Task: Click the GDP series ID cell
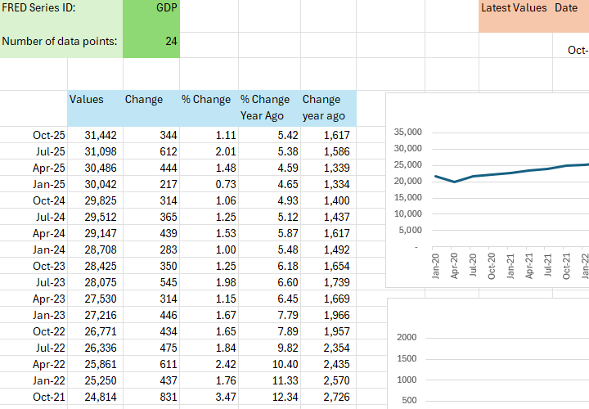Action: point(166,7)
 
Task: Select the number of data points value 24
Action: point(171,41)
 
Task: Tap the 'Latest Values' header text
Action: point(514,7)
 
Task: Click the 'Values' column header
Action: point(87,100)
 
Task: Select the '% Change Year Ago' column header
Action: point(265,107)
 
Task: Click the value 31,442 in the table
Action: point(88,135)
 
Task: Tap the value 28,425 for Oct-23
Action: point(88,266)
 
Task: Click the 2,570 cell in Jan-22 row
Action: point(332,380)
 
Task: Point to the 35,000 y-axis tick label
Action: point(407,133)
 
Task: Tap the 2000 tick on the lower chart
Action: point(407,338)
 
